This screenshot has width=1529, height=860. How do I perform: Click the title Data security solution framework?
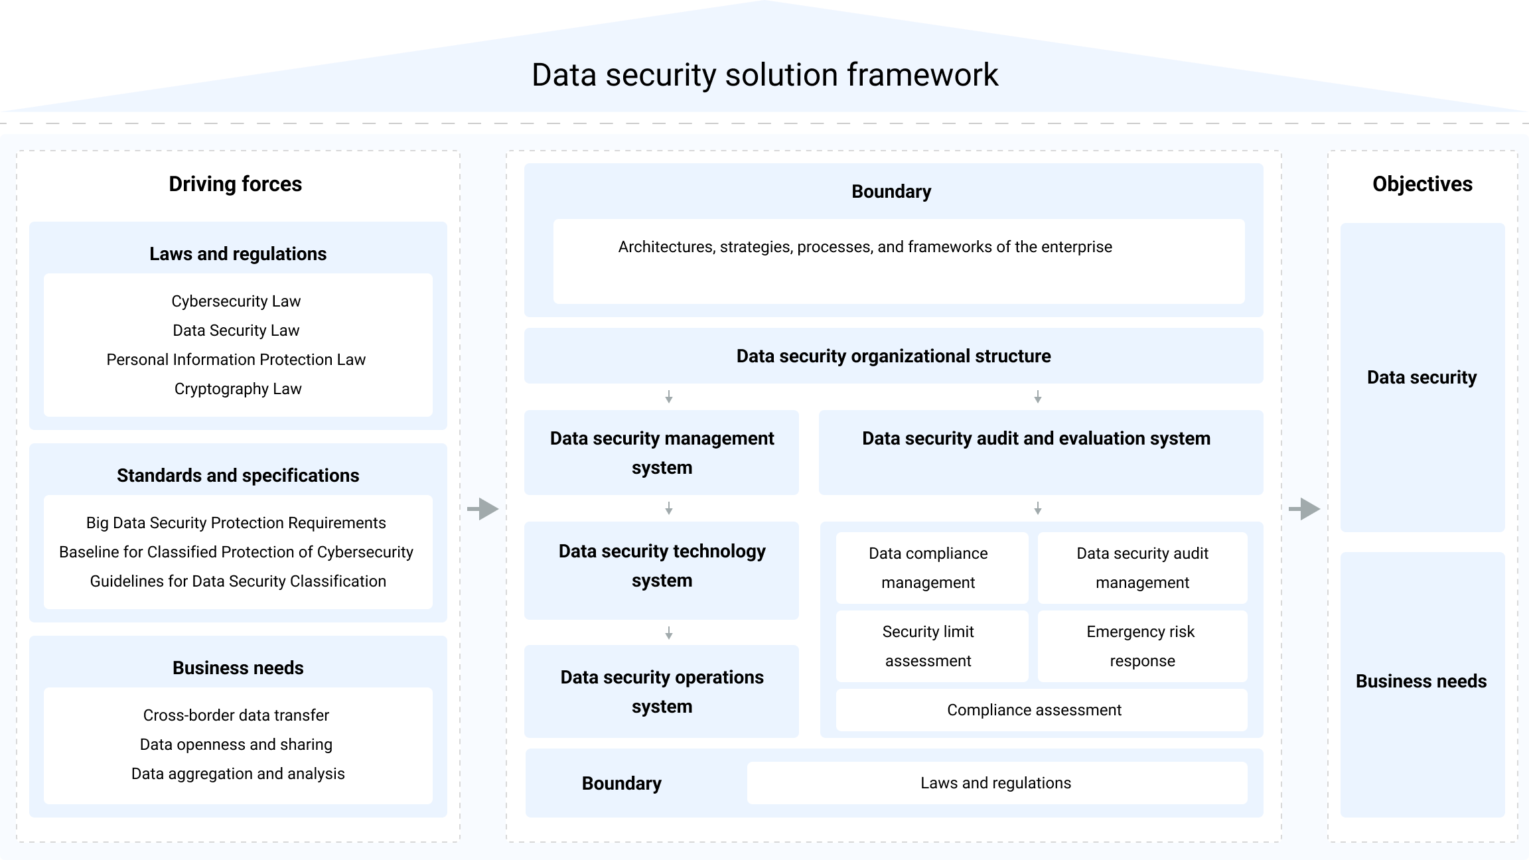pyautogui.click(x=764, y=74)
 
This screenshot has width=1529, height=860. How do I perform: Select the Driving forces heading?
pyautogui.click(x=235, y=184)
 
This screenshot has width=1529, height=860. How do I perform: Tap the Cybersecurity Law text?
pyautogui.click(x=236, y=301)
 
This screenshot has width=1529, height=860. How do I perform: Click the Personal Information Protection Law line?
pyautogui.click(x=236, y=360)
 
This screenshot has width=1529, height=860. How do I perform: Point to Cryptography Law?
pyautogui.click(x=238, y=389)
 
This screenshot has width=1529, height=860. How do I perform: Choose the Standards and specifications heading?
pyautogui.click(x=238, y=475)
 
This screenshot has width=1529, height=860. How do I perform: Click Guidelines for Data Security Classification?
pyautogui.click(x=238, y=581)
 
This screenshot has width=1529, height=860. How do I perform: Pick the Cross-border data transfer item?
pyautogui.click(x=236, y=715)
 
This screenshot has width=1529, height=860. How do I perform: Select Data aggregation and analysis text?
pyautogui.click(x=238, y=774)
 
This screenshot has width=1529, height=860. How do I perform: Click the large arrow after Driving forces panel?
pyautogui.click(x=483, y=509)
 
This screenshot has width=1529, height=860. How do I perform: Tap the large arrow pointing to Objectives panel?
pyautogui.click(x=1305, y=509)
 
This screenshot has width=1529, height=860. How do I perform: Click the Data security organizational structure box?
pyautogui.click(x=893, y=356)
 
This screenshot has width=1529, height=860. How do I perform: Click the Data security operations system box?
pyautogui.click(x=662, y=691)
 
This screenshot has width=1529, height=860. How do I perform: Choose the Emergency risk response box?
pyautogui.click(x=1142, y=646)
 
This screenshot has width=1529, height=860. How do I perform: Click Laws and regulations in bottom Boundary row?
pyautogui.click(x=996, y=783)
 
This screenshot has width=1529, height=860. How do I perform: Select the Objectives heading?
pyautogui.click(x=1422, y=184)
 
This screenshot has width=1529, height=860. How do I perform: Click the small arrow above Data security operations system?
pyautogui.click(x=669, y=633)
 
